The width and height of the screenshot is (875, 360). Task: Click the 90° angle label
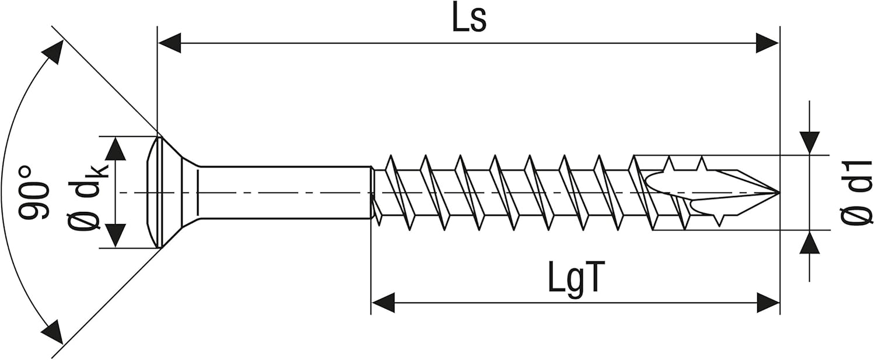[34, 193]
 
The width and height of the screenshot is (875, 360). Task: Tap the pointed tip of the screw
[778, 192]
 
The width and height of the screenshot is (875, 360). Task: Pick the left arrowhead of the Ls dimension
[169, 43]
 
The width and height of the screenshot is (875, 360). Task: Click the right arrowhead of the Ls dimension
[768, 43]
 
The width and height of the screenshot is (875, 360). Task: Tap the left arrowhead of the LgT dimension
[383, 302]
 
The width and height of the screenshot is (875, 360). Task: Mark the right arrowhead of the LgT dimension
[768, 302]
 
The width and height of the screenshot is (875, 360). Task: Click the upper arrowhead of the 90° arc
[54, 53]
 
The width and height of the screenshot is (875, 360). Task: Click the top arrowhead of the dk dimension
[116, 148]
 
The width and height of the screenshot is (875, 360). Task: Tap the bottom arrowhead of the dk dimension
[116, 236]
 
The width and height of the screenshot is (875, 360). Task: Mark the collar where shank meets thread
[372, 193]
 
